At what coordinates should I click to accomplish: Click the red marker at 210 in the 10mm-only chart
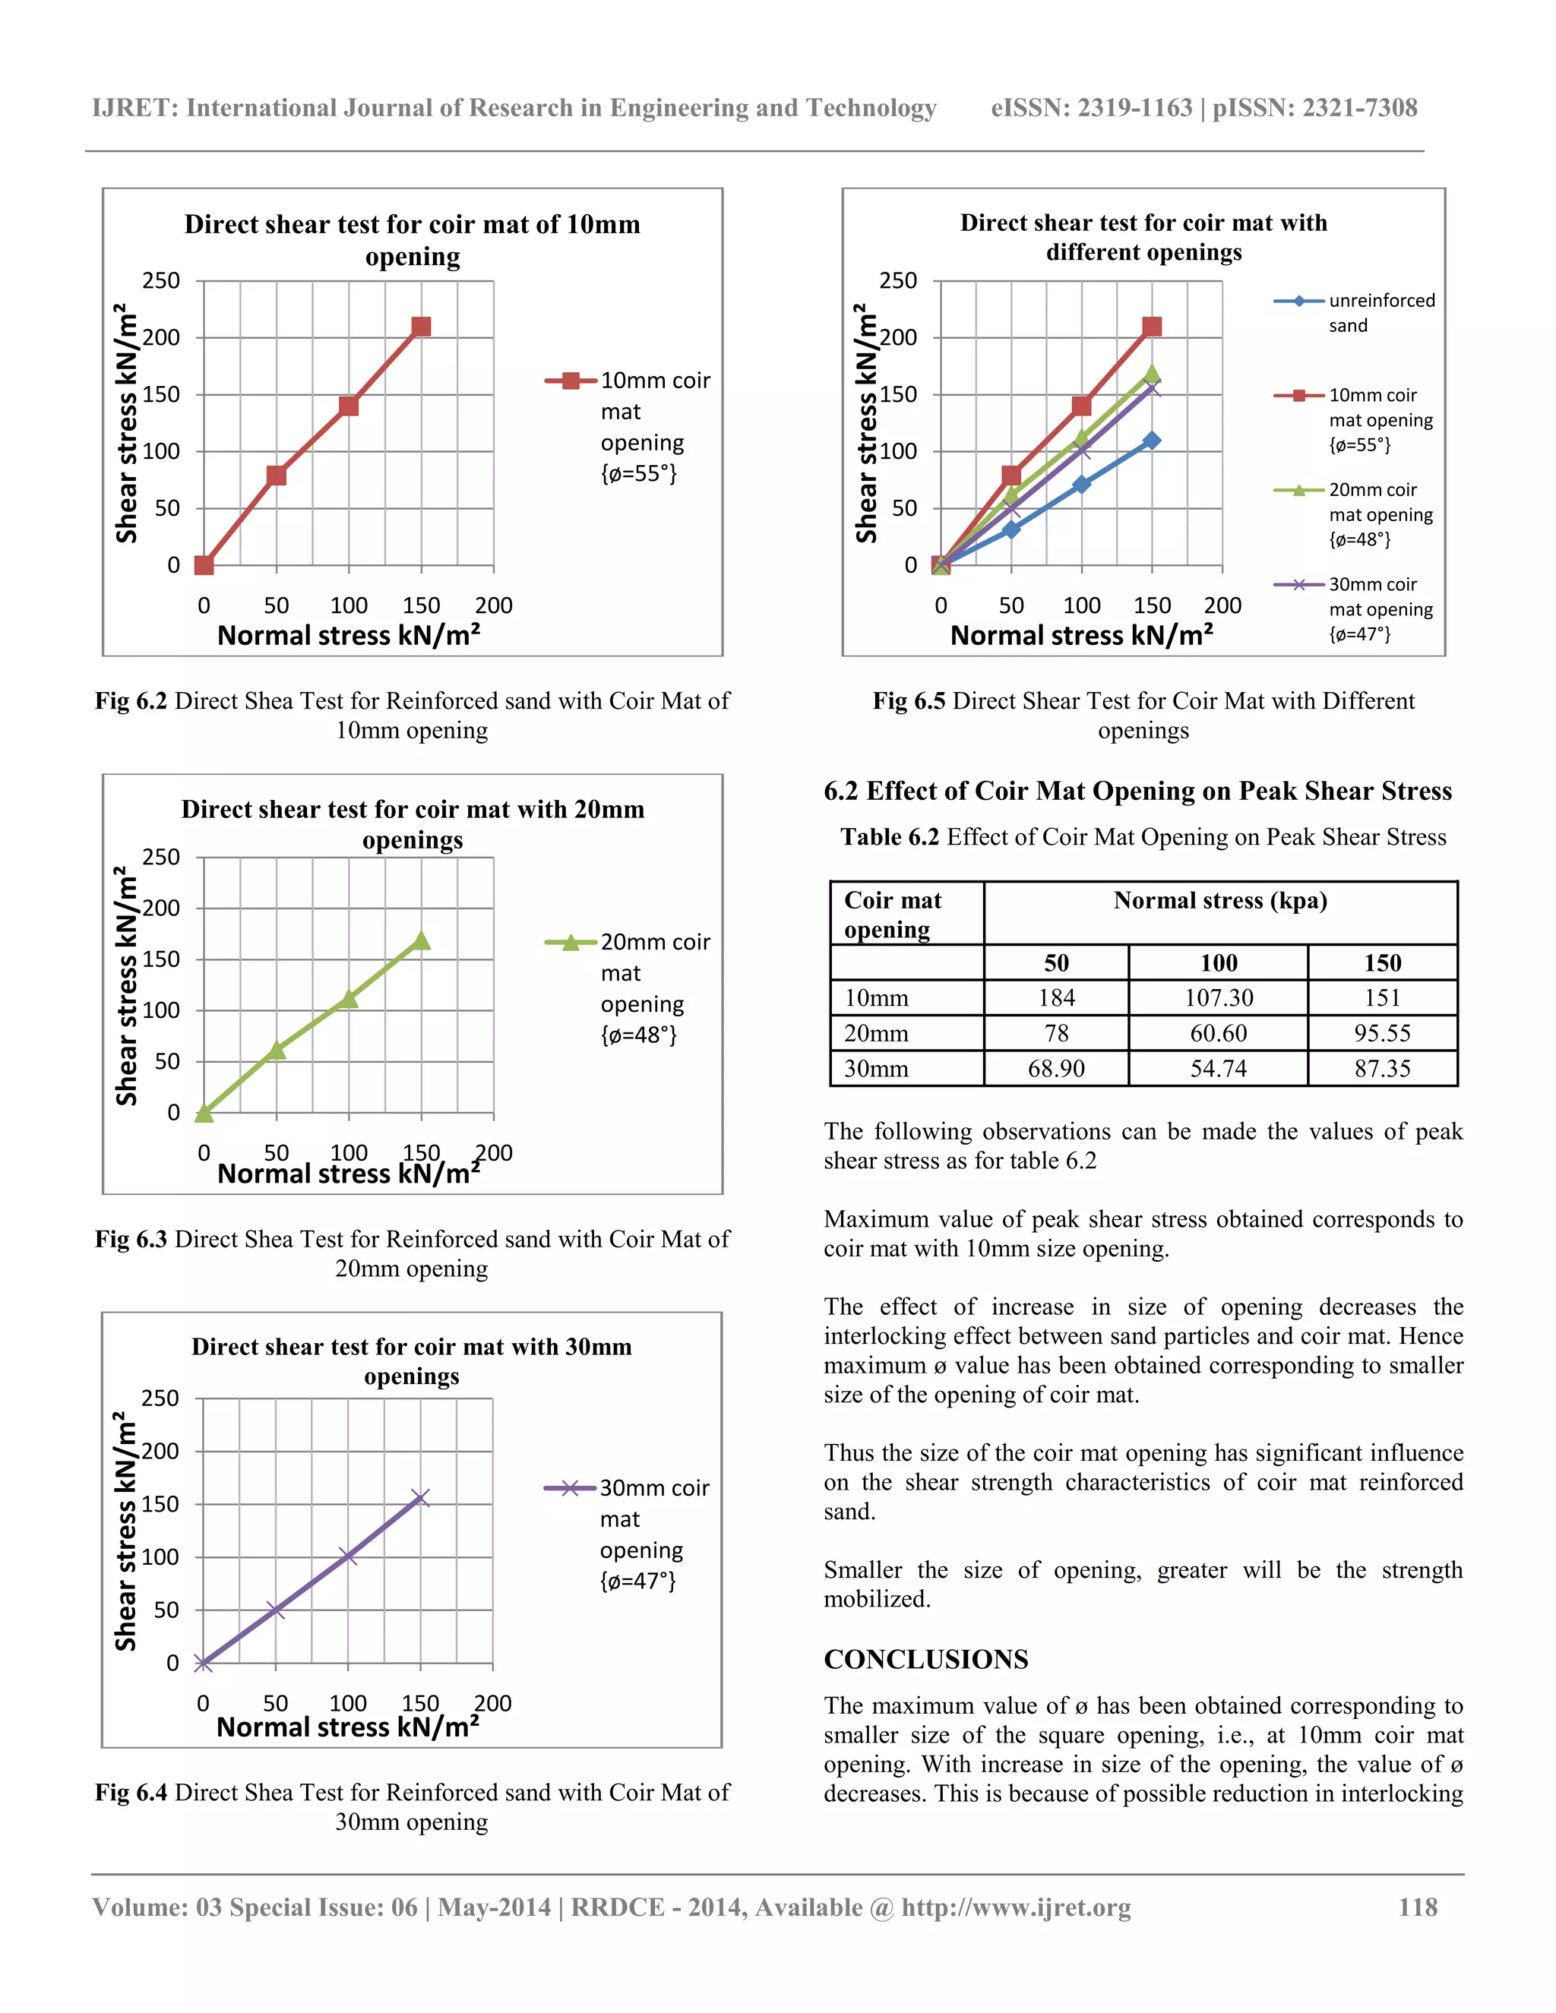click(421, 327)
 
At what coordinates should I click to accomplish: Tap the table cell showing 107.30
click(1218, 997)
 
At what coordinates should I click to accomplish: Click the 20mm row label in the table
click(876, 1033)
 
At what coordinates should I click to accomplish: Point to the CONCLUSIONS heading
click(925, 1659)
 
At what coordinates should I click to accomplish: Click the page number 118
click(1417, 1907)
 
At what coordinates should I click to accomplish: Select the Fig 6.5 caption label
click(908, 700)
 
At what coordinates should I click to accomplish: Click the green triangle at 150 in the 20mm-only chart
click(421, 940)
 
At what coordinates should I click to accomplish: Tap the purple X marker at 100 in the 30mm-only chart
click(349, 1556)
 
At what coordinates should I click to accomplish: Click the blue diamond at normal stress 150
click(1151, 441)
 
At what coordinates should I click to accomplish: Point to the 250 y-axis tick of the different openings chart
click(898, 280)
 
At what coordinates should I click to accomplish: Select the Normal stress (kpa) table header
click(1219, 900)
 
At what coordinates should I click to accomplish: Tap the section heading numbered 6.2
click(1137, 791)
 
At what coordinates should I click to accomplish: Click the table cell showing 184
click(1055, 997)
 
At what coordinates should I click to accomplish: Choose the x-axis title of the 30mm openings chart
click(347, 1727)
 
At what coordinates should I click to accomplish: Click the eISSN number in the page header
click(1092, 108)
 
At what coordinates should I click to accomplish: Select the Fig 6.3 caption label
click(131, 1239)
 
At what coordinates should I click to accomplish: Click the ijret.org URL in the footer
click(1016, 1907)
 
